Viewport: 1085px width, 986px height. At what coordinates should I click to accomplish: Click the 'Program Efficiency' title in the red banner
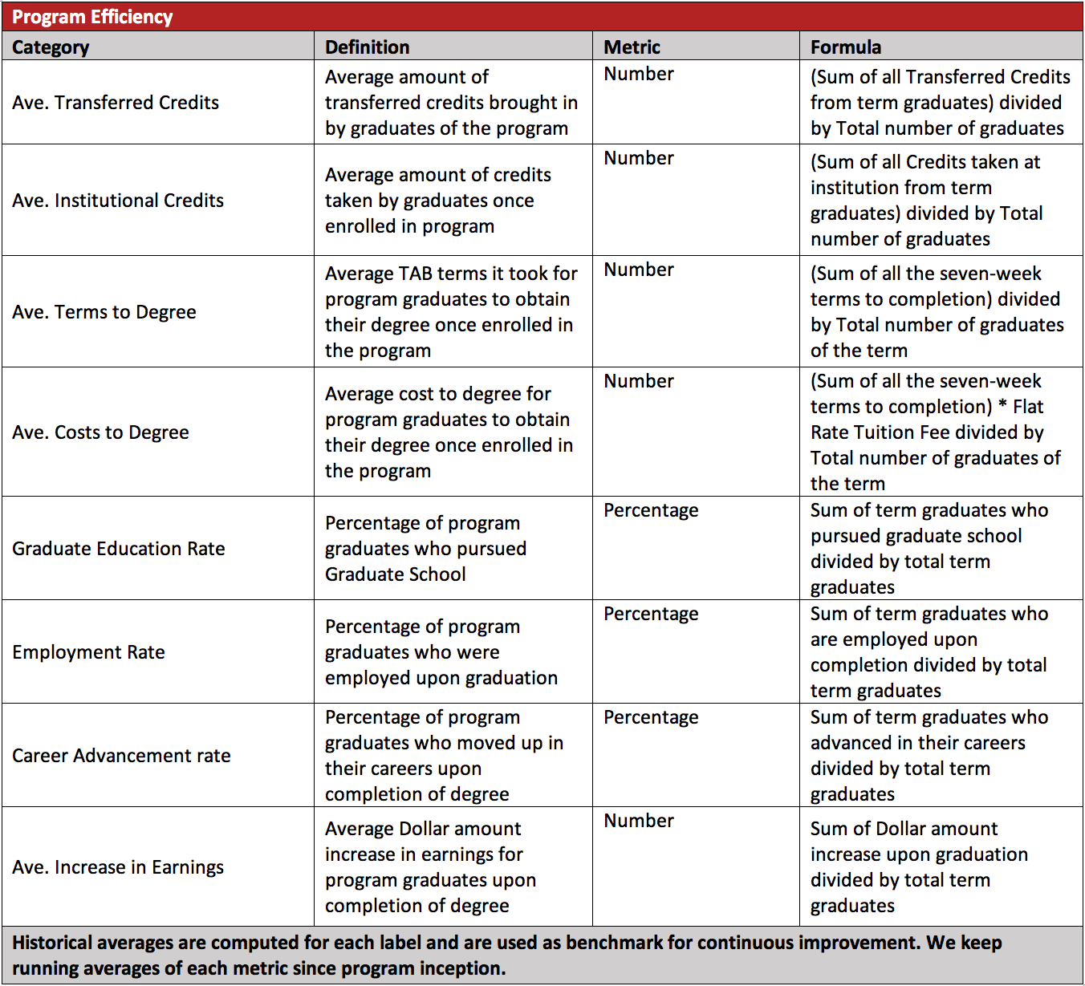(x=92, y=17)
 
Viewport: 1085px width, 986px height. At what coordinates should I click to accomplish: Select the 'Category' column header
(x=51, y=47)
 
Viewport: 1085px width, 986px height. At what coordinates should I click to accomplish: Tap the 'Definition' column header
(x=367, y=47)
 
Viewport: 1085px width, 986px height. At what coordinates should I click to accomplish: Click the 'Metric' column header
(x=632, y=47)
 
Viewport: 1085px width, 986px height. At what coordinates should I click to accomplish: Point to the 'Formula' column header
(x=845, y=47)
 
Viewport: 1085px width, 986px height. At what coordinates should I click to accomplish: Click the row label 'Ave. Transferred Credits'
(x=116, y=103)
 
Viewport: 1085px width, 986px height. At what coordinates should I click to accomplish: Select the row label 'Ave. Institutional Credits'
(x=118, y=201)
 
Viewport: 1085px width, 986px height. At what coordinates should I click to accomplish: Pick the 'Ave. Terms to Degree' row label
(x=104, y=312)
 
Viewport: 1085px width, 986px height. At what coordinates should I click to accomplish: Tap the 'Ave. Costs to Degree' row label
(x=100, y=432)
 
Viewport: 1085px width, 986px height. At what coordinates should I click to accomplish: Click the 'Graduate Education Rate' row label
(x=119, y=549)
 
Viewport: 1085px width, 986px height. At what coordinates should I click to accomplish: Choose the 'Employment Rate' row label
(x=88, y=652)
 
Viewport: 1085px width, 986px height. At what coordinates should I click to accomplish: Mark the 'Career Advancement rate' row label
(x=121, y=756)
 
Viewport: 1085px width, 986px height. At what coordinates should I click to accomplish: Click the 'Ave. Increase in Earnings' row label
(x=118, y=867)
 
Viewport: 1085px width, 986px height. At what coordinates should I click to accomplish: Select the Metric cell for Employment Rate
(x=651, y=614)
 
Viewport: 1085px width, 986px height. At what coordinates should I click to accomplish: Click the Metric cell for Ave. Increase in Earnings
(x=639, y=821)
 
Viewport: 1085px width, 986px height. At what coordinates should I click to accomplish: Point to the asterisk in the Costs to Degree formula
(x=1002, y=407)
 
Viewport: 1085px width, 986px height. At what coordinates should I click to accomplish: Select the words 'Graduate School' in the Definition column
(x=395, y=574)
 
